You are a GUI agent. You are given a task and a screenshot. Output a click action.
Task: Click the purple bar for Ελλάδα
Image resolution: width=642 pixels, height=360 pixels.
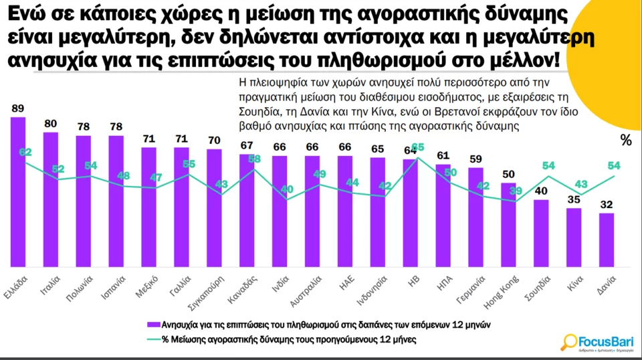pos(18,194)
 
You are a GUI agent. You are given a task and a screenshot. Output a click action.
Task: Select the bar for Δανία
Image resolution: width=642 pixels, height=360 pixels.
pos(607,241)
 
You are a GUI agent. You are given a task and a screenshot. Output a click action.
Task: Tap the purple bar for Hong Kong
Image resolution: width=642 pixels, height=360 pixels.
pos(509,225)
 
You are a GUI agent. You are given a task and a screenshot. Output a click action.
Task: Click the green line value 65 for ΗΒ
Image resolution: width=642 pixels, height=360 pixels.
pos(418,147)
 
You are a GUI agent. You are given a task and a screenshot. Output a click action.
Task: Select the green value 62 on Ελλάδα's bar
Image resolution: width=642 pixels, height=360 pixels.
pos(25,153)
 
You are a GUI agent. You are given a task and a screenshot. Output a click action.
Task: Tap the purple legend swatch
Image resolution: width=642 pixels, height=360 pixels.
pos(153,325)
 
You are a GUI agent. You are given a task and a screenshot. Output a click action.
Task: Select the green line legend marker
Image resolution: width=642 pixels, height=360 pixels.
pos(153,339)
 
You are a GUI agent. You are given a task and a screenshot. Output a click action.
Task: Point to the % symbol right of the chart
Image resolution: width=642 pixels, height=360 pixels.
pos(626,141)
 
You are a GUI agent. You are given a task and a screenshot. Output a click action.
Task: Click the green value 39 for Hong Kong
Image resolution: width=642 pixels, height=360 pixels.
pos(516,191)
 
